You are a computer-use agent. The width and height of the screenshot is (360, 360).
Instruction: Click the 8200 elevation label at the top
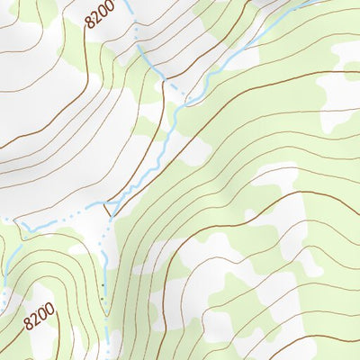point(102,14)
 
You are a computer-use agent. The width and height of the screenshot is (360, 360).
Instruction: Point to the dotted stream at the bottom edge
point(110,355)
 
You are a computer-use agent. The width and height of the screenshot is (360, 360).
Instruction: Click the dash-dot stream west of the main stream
point(63,216)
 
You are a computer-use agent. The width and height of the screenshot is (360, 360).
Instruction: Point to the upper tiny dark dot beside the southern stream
point(103,286)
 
